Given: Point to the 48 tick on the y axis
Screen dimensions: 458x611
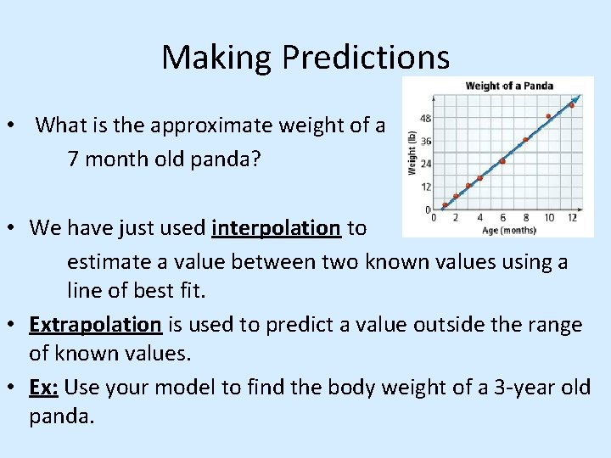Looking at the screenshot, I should tap(426, 118).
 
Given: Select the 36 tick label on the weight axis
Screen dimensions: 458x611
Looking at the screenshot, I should tap(426, 141).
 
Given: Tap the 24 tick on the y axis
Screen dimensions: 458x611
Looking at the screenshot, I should tap(426, 164).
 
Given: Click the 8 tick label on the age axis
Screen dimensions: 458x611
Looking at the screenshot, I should tap(526, 218).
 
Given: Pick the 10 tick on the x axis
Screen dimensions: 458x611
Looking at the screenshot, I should tap(549, 218).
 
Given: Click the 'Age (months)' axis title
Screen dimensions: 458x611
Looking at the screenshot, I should tap(509, 230).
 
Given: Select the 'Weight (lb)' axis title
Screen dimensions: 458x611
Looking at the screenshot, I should tap(412, 154).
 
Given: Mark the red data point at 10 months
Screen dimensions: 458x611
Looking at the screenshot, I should tap(548, 116).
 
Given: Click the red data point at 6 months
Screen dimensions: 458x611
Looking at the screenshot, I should tap(502, 160).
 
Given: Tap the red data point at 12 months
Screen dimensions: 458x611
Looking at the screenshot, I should tap(572, 105).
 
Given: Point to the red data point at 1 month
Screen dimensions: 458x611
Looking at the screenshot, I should tap(445, 204).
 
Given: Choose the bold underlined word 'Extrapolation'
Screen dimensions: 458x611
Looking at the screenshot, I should tap(95, 324).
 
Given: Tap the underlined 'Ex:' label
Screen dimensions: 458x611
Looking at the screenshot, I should tap(44, 388).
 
